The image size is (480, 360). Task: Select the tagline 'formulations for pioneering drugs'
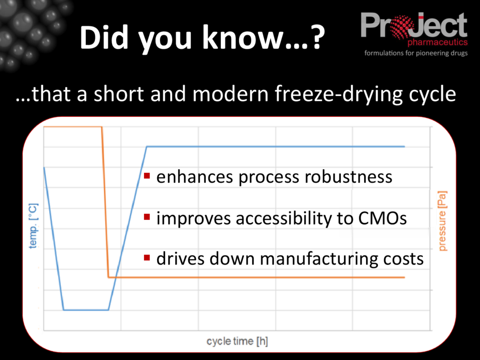416,53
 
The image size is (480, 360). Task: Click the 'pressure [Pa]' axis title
442,220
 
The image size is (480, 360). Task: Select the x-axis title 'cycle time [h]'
237,341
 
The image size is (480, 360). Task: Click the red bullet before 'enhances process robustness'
147,176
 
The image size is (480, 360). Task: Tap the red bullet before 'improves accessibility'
147,217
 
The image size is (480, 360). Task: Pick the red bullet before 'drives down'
147,257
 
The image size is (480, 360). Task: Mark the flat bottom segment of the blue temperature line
86,310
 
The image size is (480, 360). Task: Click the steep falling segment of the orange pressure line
105,202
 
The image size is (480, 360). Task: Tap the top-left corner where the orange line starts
45,127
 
